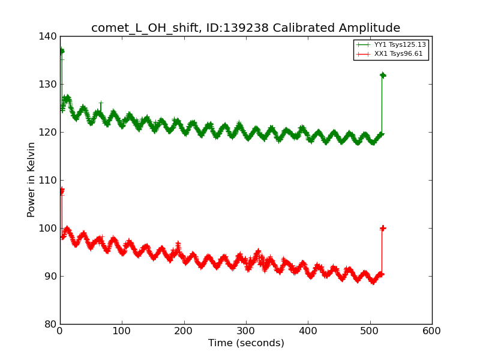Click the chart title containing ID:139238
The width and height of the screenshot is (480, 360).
click(x=245, y=28)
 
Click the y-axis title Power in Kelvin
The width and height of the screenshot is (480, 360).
click(x=31, y=179)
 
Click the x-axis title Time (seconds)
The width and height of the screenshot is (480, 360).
click(x=246, y=343)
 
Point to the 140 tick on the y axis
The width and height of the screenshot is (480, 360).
click(x=50, y=36)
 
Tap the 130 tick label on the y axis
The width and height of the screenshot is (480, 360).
click(x=50, y=84)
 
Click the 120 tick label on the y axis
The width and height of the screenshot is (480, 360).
click(x=50, y=132)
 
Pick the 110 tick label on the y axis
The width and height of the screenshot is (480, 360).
click(x=50, y=180)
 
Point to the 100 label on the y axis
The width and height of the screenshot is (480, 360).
click(x=50, y=228)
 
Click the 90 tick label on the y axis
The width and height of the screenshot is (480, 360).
click(x=52, y=276)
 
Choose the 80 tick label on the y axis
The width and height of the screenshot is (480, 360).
click(x=52, y=324)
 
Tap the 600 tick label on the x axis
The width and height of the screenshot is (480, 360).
click(x=432, y=331)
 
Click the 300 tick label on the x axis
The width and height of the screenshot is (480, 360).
click(x=246, y=331)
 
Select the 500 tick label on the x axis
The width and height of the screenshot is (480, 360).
click(x=370, y=331)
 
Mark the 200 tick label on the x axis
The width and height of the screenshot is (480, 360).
click(x=184, y=331)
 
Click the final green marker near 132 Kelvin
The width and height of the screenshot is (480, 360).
click(x=382, y=75)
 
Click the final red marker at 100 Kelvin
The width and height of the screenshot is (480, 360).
click(x=382, y=228)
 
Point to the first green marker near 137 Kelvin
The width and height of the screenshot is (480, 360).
click(x=61, y=51)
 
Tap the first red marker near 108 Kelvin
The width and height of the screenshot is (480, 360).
click(x=61, y=191)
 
